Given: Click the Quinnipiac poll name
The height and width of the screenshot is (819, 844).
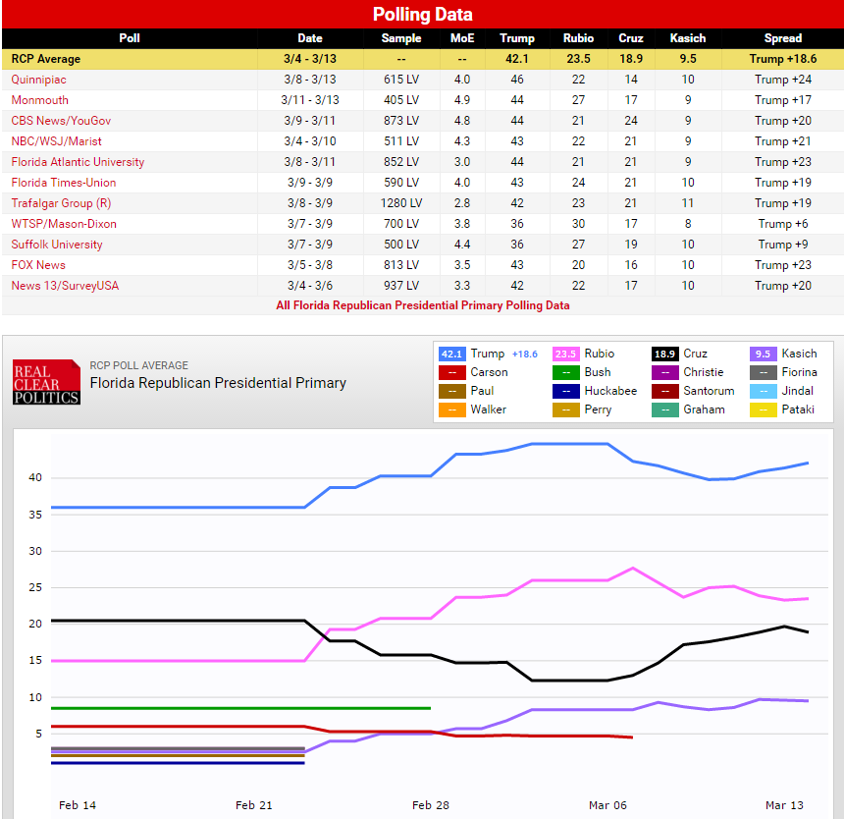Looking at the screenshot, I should (x=39, y=80).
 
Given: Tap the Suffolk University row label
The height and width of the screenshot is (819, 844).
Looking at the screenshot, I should (x=57, y=245).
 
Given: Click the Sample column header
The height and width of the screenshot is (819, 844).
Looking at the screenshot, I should (x=400, y=38).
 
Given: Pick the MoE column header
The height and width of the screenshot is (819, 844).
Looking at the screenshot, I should (x=461, y=38).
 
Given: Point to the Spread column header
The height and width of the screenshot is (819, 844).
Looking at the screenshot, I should (x=782, y=38).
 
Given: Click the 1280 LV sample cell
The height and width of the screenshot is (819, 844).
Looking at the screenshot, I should (x=400, y=203).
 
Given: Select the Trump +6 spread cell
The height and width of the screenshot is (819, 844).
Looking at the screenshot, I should (x=782, y=224).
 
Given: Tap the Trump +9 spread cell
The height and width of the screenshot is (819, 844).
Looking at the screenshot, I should (x=782, y=245).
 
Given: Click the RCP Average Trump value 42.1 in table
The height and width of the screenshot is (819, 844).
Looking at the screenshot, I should (x=516, y=59).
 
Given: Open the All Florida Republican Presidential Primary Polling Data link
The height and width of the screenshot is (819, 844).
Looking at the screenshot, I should (x=422, y=305).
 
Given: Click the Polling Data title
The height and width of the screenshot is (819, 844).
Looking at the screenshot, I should (x=422, y=14).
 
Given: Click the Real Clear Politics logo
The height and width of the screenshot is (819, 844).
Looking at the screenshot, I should (x=46, y=383).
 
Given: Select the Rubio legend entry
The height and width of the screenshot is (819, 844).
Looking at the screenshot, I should (x=585, y=354).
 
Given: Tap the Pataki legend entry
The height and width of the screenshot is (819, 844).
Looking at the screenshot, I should (x=787, y=409).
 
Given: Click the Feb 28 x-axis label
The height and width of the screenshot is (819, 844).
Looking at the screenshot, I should (x=431, y=805).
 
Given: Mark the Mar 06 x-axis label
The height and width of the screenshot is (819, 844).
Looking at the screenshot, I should (x=607, y=805).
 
